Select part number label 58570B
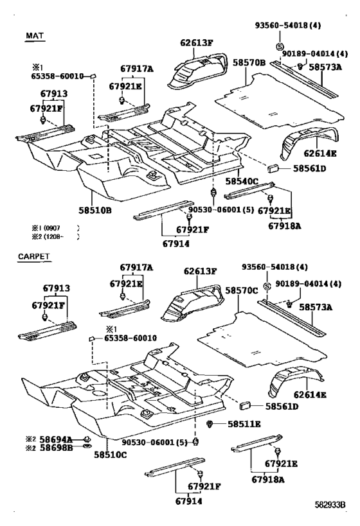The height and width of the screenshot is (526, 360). click(x=249, y=63)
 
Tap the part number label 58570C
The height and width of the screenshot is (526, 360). click(x=242, y=291)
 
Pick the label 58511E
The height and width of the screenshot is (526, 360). click(x=244, y=424)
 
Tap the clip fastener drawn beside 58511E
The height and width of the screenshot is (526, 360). click(x=213, y=424)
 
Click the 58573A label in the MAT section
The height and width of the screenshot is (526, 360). click(x=325, y=66)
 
